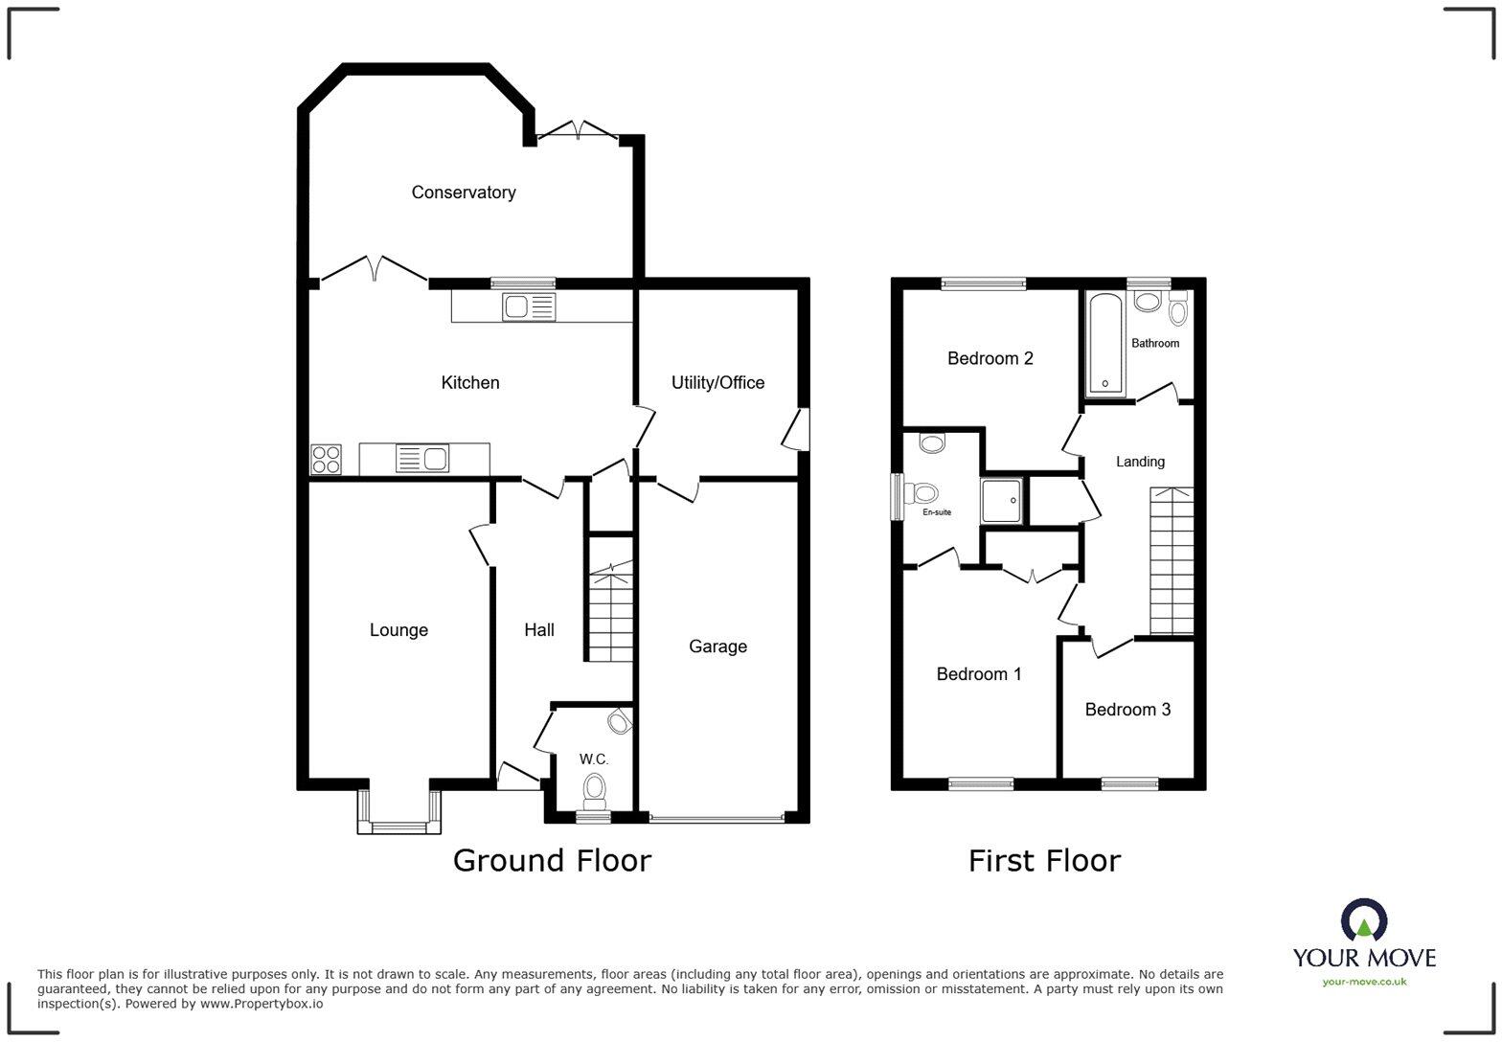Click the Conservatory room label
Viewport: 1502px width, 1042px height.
click(464, 193)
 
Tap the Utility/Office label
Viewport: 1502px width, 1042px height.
click(717, 383)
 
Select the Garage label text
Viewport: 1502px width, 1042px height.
click(717, 646)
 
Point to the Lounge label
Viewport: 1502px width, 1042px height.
click(398, 630)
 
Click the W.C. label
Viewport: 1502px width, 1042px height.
click(594, 759)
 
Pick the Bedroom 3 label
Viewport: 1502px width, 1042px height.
click(1127, 710)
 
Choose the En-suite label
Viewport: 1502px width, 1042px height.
click(937, 512)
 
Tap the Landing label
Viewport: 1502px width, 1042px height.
click(1140, 462)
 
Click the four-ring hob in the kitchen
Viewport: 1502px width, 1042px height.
click(326, 460)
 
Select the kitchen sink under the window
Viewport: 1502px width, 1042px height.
click(528, 306)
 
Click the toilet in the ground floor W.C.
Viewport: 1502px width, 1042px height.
click(595, 791)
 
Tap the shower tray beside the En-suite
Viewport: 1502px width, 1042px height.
click(1002, 501)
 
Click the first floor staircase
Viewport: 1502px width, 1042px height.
click(1172, 560)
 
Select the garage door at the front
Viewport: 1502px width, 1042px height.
click(717, 819)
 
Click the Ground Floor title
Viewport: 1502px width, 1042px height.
click(552, 860)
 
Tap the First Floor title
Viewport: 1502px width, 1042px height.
click(1044, 860)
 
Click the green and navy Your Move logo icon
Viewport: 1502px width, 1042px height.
click(1364, 920)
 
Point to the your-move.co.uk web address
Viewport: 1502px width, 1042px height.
click(1364, 982)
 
